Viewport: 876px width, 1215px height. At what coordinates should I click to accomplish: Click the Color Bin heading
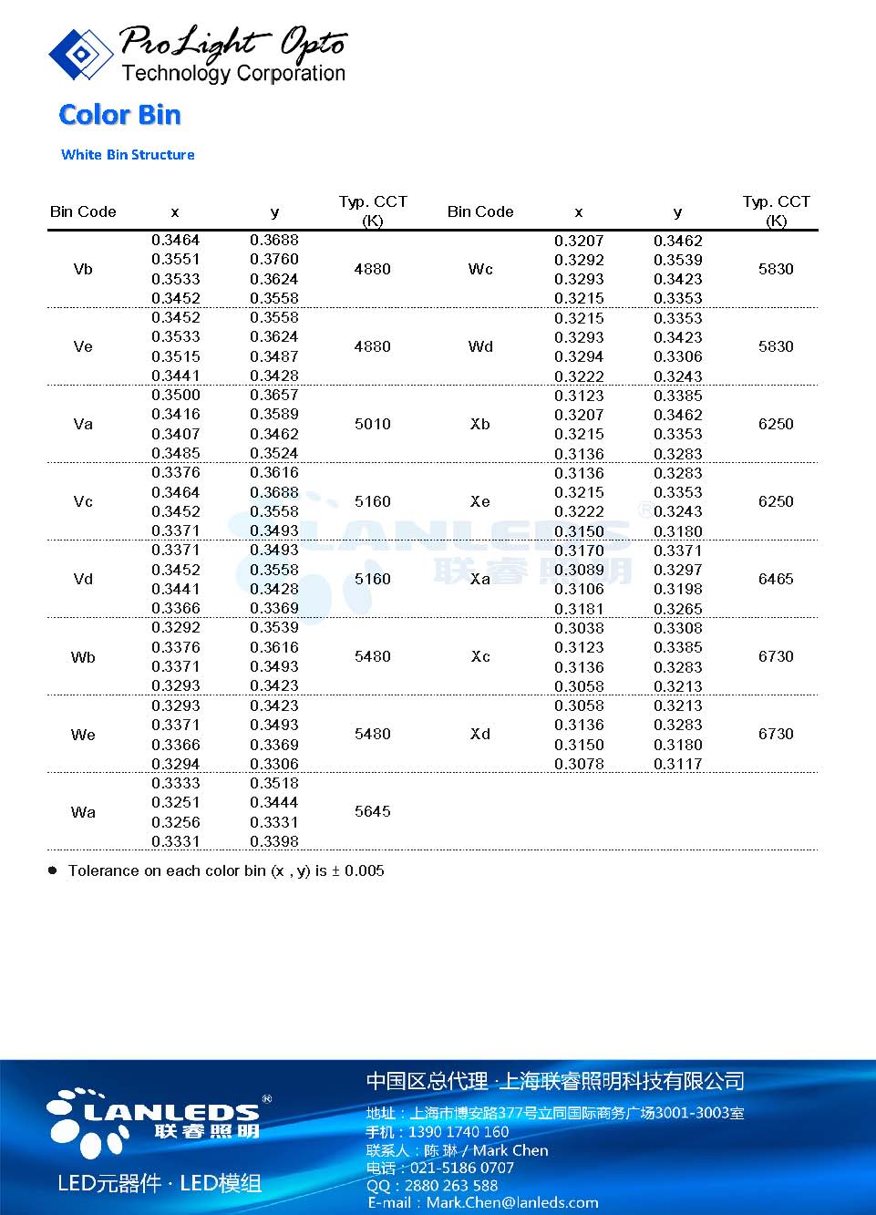[x=119, y=115]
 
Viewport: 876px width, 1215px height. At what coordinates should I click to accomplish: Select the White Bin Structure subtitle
[x=128, y=155]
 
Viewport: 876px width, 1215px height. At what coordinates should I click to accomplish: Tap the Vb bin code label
[x=83, y=269]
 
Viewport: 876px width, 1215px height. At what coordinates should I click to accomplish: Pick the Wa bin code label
[x=83, y=812]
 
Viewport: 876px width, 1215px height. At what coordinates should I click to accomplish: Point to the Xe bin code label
[x=480, y=501]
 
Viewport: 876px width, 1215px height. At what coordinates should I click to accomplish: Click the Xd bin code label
[x=480, y=734]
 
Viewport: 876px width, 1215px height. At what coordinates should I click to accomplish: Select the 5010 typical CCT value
[x=372, y=424]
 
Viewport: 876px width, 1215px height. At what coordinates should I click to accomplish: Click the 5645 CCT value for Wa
[x=372, y=811]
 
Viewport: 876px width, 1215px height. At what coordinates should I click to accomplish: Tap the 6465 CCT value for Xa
[x=776, y=579]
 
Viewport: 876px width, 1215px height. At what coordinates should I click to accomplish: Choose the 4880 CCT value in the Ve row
[x=372, y=346]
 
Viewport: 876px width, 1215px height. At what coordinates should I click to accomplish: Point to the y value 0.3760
[x=274, y=259]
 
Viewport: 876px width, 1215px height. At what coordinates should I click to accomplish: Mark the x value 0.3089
[x=579, y=570]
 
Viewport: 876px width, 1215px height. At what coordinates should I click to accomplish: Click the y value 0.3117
[x=677, y=764]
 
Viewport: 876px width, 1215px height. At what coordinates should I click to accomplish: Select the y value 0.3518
[x=274, y=783]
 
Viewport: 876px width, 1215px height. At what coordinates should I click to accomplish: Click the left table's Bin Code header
[x=83, y=211]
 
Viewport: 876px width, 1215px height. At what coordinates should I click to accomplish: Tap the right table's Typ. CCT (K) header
[x=776, y=211]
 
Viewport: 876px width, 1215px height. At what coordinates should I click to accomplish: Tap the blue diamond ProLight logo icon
[x=81, y=54]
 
